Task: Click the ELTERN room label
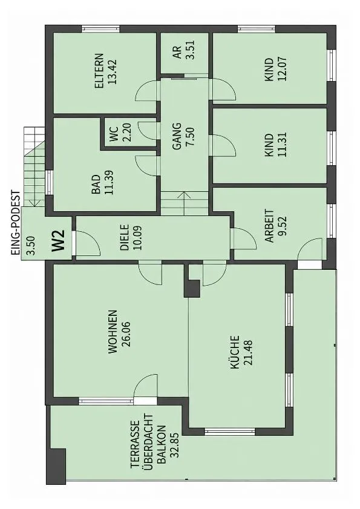(99, 71)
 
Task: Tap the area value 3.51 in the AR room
(189, 50)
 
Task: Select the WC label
(114, 133)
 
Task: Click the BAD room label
(96, 185)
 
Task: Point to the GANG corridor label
(177, 136)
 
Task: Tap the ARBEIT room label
(269, 226)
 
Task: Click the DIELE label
(125, 237)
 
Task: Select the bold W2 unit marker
(59, 240)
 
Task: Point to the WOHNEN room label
(113, 332)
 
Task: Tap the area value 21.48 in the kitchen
(247, 352)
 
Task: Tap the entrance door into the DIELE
(87, 244)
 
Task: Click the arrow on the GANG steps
(185, 203)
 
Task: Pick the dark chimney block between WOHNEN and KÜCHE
(192, 288)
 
